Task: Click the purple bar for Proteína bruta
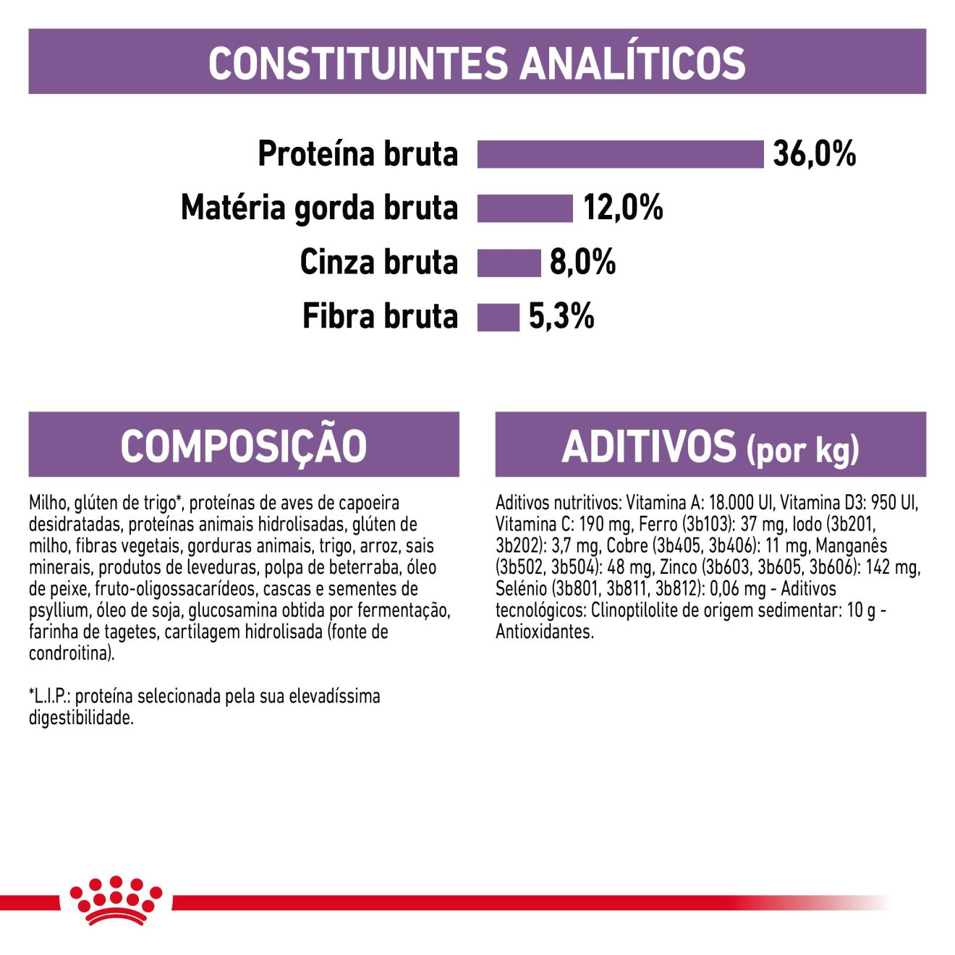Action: point(620,154)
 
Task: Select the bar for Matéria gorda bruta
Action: point(525,208)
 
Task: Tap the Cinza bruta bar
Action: point(509,263)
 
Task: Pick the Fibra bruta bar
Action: point(498,317)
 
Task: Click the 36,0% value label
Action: point(814,154)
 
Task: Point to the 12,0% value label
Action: point(623,208)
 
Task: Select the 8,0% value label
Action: point(582,263)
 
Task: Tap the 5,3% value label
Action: point(561,317)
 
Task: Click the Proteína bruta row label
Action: point(358,154)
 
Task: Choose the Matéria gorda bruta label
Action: point(319,208)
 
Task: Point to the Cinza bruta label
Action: point(379,263)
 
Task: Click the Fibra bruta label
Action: point(380,317)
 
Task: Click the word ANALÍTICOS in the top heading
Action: point(633,63)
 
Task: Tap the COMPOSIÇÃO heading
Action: point(244,446)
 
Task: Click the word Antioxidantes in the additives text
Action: point(543,632)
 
